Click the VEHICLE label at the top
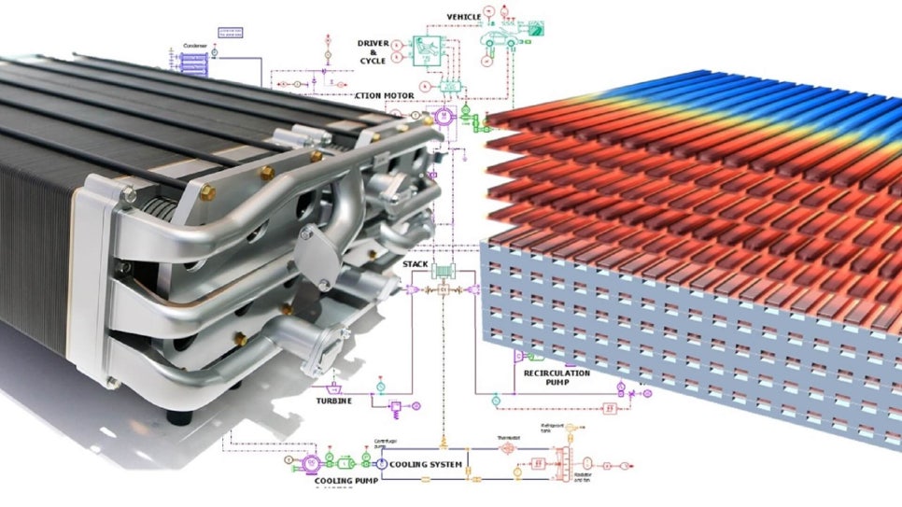point(464,17)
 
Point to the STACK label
point(416,264)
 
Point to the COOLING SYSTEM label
point(426,464)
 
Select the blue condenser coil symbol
point(192,63)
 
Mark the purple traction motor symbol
point(442,117)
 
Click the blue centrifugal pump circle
point(381,463)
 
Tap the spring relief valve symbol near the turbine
point(394,408)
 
